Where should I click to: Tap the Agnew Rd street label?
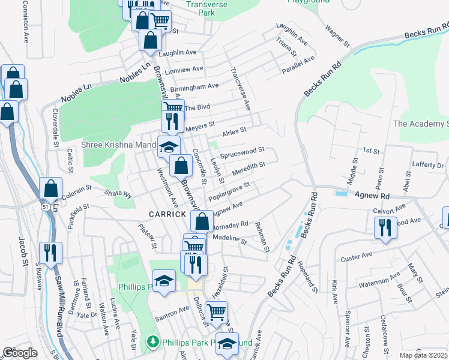pyautogui.click(x=372, y=196)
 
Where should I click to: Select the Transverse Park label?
pyautogui.click(x=200, y=7)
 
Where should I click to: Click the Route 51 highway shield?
pyautogui.click(x=46, y=206)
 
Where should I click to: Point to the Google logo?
pyautogui.click(x=20, y=353)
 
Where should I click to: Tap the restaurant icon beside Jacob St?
pyautogui.click(x=50, y=251)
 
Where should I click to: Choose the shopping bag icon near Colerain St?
pyautogui.click(x=51, y=188)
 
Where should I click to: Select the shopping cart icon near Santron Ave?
pyautogui.click(x=217, y=311)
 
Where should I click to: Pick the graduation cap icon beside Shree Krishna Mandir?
pyautogui.click(x=169, y=146)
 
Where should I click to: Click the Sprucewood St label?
pyautogui.click(x=243, y=153)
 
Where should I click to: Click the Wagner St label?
pyautogui.click(x=337, y=36)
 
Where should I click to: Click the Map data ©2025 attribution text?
pyautogui.click(x=423, y=355)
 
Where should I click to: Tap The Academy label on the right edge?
pyautogui.click(x=421, y=124)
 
